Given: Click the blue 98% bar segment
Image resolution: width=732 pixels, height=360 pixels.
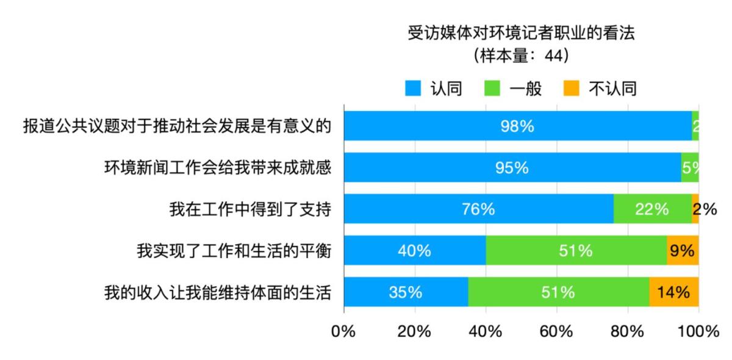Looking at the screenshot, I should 518,126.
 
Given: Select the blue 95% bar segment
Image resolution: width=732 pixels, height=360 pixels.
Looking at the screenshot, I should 512,168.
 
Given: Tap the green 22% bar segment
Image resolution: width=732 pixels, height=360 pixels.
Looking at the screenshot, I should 653,209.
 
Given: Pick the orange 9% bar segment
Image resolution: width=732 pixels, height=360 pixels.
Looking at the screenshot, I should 683,251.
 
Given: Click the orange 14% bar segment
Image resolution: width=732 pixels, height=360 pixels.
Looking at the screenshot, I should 674,292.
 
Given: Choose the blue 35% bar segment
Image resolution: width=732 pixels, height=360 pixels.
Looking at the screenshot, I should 406,292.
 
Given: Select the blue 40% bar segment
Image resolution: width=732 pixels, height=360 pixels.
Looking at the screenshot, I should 415,251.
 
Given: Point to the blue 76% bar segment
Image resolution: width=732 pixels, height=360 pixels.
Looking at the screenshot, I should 478,209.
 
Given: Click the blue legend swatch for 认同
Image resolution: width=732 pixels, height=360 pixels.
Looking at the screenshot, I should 414,89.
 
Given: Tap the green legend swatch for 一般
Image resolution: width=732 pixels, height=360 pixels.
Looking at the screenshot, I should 492,89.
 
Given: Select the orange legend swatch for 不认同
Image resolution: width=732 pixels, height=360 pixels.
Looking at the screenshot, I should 570,89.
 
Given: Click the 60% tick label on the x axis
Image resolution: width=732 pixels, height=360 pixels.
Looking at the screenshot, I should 556,331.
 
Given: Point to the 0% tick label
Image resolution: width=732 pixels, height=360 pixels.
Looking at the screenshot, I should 343,331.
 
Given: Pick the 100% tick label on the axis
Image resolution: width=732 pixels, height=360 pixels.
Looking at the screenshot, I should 698,331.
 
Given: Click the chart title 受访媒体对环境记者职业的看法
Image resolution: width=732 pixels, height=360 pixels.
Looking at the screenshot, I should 521,33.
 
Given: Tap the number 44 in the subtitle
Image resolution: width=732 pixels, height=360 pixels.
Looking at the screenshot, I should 552,56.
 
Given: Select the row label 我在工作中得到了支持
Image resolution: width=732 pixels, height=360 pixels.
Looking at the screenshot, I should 250,209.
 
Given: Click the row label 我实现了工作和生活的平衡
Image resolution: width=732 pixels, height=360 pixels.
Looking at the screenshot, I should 234,251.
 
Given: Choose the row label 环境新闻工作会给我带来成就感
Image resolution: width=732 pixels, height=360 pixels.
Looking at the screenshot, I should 218,168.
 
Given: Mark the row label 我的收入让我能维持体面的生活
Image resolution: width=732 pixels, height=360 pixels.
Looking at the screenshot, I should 218,292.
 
